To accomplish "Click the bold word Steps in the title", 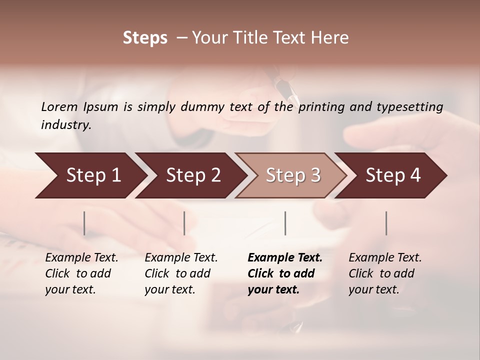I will (145, 38).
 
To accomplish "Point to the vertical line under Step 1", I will (84, 223).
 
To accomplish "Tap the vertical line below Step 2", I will (184, 223).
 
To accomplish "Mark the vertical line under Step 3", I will (285, 223).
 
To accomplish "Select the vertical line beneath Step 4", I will (386, 223).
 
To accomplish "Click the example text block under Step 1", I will (81, 273).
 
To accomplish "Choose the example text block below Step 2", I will (181, 273).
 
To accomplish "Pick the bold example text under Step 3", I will (284, 273).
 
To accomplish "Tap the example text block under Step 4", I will (385, 273).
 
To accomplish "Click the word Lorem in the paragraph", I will (59, 106).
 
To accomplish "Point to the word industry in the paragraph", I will (65, 124).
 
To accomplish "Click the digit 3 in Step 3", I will (315, 175).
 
